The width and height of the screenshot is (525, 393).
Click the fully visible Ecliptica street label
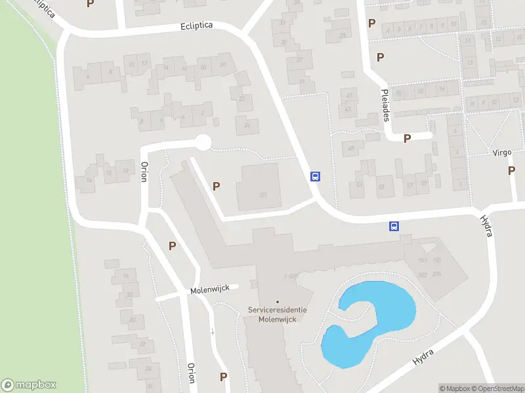(197, 26)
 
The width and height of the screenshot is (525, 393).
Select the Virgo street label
(502, 153)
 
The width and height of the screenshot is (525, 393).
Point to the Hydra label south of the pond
(423, 354)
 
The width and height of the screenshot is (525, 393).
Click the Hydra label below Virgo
(486, 225)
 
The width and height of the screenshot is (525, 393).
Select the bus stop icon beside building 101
(315, 176)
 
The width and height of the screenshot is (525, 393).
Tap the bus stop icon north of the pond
(394, 226)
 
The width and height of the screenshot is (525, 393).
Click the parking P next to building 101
(216, 187)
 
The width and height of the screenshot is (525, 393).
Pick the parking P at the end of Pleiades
(407, 138)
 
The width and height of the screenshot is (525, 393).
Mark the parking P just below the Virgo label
(511, 171)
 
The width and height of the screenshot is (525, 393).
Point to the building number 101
(264, 195)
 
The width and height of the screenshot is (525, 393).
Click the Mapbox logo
(29, 385)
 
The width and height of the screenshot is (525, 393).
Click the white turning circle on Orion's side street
(203, 141)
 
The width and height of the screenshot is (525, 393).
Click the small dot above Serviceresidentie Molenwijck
(277, 301)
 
